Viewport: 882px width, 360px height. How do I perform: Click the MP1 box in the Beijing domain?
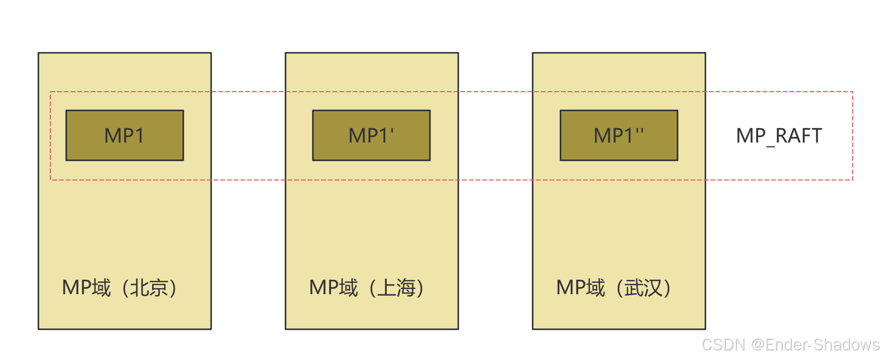[125, 135]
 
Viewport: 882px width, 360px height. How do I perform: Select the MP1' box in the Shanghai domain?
[371, 135]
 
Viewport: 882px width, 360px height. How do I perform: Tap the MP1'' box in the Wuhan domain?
[619, 135]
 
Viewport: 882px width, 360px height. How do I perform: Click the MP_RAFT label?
[779, 136]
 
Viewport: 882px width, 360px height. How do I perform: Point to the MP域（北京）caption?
[120, 288]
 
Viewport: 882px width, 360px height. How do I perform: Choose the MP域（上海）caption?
[367, 288]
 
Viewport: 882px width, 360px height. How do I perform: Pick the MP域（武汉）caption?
[614, 288]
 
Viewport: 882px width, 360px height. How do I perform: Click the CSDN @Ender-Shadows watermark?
[790, 345]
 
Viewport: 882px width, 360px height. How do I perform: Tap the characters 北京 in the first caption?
[149, 288]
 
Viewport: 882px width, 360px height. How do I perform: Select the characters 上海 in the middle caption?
[396, 288]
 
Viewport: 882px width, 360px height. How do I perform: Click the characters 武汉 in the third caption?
[643, 288]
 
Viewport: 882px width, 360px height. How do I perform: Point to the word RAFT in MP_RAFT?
[799, 136]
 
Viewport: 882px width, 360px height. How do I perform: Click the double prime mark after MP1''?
[639, 131]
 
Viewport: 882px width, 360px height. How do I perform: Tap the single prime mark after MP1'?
[392, 131]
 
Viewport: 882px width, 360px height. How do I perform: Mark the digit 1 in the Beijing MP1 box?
[139, 136]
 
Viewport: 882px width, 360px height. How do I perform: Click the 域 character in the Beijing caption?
[101, 288]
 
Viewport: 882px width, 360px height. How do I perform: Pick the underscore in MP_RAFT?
[771, 145]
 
